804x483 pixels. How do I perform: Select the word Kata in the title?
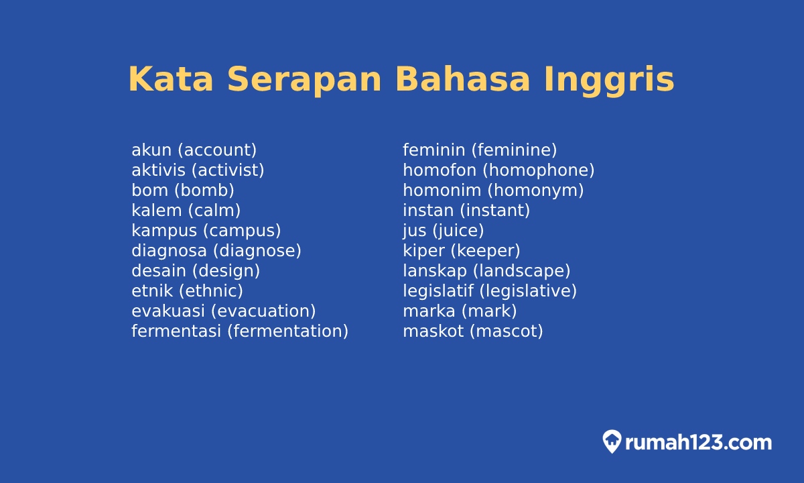tap(170, 79)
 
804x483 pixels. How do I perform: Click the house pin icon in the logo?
tap(612, 441)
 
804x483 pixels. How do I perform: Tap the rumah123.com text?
tap(698, 443)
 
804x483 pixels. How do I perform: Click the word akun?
tap(151, 150)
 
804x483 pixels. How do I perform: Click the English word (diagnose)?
tap(257, 251)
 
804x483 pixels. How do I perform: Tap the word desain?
tap(159, 271)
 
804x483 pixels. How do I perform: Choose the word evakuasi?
tap(168, 311)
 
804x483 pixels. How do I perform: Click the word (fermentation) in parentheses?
tap(288, 331)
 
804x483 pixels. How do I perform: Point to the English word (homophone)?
tap(539, 170)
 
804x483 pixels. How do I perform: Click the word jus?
tap(415, 231)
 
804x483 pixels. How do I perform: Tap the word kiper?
tap(423, 251)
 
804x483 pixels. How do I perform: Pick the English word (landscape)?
tap(522, 271)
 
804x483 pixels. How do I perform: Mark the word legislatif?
tap(438, 291)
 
